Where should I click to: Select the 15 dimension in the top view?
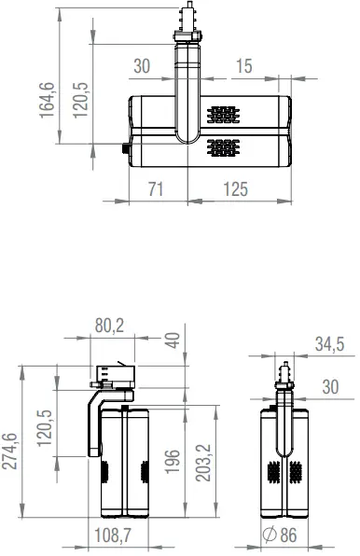coord(244,66)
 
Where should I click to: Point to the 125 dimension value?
coord(236,189)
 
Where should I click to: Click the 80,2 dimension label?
coord(110,326)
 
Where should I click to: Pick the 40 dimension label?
coord(171,341)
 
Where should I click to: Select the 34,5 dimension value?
coord(328,344)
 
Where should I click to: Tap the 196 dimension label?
coord(171,460)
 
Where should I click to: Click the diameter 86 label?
coord(281,535)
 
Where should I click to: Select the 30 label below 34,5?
coord(330,387)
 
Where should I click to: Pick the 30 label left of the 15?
coord(142,66)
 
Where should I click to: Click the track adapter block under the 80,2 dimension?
coord(113,376)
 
